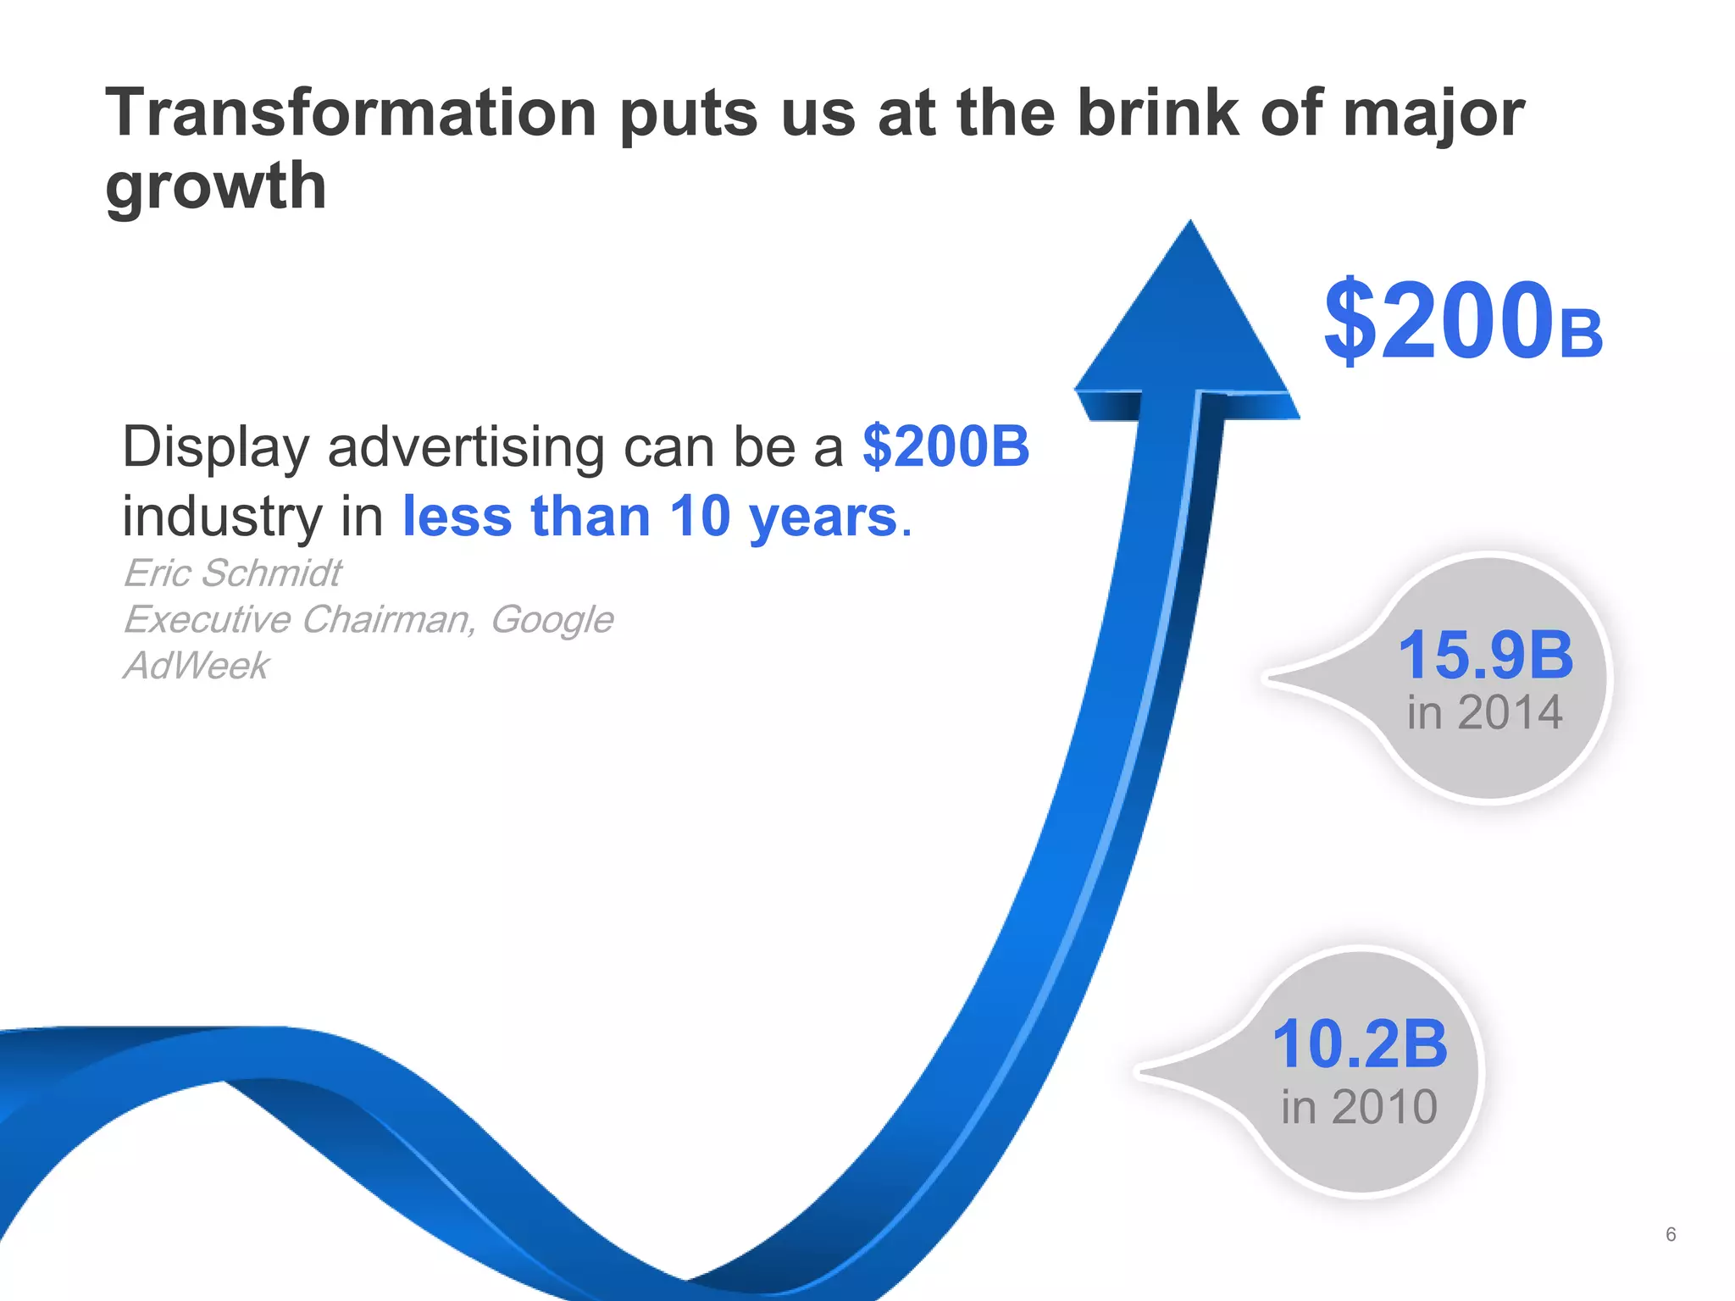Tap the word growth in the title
(x=216, y=186)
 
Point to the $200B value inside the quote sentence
(x=945, y=446)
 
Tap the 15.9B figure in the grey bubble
(x=1485, y=655)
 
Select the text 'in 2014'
(x=1484, y=712)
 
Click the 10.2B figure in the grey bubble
(x=1360, y=1044)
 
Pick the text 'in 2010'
(x=1359, y=1107)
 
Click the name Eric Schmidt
(x=233, y=573)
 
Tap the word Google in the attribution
(x=552, y=620)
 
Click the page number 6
(x=1671, y=1234)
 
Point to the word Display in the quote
(x=215, y=447)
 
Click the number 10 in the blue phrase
(x=700, y=517)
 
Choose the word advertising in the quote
(x=466, y=447)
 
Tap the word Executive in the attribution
(x=208, y=620)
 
